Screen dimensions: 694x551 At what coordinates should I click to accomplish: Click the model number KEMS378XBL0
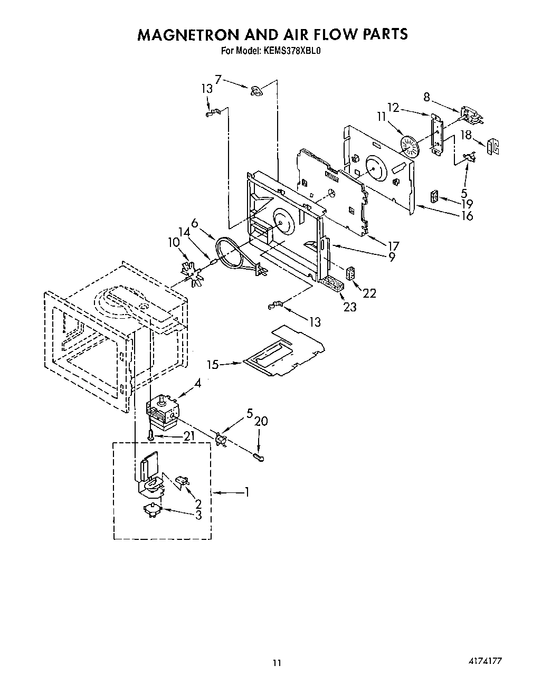(290, 51)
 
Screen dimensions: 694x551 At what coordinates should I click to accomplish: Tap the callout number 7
(218, 79)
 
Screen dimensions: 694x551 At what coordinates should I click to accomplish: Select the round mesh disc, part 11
(408, 145)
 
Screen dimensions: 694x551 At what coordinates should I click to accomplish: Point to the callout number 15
(213, 364)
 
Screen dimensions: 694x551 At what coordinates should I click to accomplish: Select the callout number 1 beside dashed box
(246, 492)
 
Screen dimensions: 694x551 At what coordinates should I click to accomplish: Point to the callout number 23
(350, 307)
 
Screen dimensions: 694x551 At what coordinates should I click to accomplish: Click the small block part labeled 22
(350, 274)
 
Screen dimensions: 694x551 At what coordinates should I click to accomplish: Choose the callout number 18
(465, 135)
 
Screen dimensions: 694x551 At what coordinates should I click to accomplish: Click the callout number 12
(393, 108)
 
